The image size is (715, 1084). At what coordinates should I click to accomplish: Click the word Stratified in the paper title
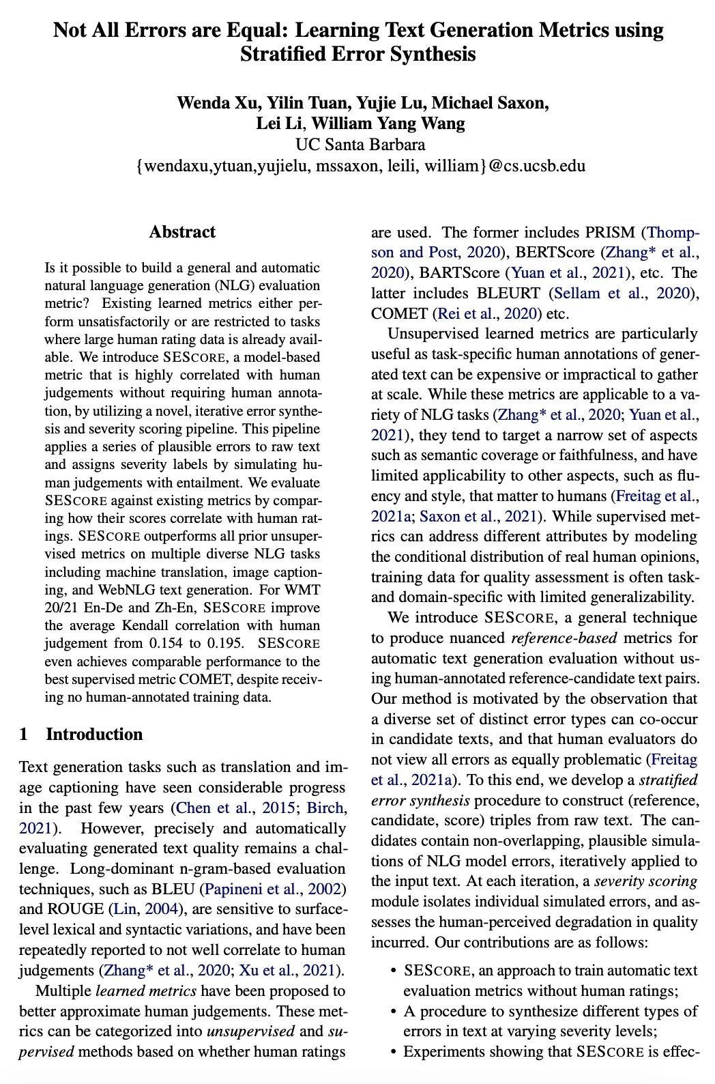[x=282, y=54]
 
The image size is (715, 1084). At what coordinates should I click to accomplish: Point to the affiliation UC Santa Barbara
[x=360, y=145]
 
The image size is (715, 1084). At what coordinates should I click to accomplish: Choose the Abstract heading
[x=182, y=232]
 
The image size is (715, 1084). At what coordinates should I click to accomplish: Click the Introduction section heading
[x=94, y=734]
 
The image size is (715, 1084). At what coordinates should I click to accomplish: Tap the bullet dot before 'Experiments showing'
[x=394, y=1052]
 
